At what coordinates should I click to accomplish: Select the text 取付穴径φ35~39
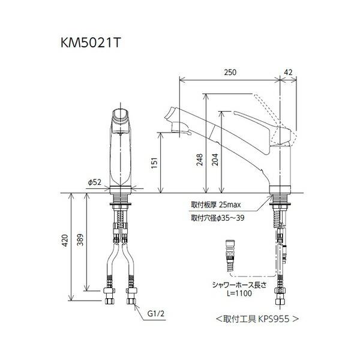tap(218, 217)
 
